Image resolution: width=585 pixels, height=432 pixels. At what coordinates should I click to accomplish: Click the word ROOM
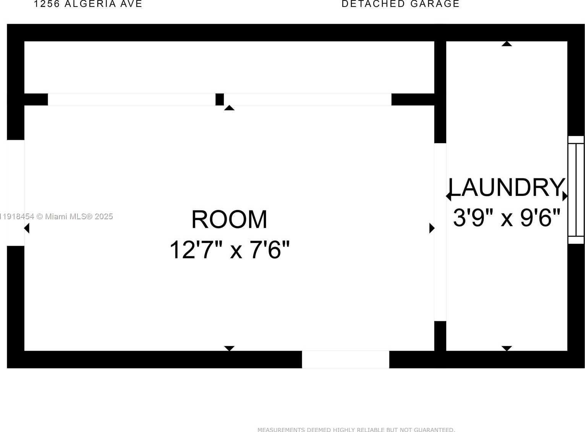coord(229,220)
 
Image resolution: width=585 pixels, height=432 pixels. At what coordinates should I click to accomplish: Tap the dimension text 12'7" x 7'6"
coord(229,250)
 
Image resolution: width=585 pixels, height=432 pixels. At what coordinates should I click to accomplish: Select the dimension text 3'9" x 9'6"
coord(507,218)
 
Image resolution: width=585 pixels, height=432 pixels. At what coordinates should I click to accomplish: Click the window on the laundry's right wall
coord(576,190)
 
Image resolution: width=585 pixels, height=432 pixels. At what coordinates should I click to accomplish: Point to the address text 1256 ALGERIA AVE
coord(88,4)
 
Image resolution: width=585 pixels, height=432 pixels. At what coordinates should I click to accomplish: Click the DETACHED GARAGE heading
coord(400,4)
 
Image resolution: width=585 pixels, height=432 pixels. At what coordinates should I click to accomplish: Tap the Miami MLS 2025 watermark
coord(57,217)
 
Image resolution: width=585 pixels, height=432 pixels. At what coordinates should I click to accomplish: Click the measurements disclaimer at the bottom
coord(356,430)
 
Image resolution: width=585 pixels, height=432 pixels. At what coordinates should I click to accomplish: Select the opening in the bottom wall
coord(345,359)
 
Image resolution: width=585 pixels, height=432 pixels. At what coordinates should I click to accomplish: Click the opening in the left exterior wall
coord(16,193)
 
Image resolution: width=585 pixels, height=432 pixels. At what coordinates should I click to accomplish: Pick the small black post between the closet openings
coord(219,99)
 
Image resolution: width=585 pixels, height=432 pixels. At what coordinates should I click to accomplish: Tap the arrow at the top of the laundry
coord(507,44)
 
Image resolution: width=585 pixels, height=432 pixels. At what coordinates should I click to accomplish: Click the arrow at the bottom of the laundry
coord(507,348)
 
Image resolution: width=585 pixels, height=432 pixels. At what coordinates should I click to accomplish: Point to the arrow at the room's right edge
coord(432,228)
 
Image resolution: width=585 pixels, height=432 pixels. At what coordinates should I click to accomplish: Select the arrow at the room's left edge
coord(27,228)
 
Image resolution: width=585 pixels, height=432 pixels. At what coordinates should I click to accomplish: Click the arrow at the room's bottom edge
coord(229,348)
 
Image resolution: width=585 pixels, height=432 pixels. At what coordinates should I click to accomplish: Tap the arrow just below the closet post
coord(229,108)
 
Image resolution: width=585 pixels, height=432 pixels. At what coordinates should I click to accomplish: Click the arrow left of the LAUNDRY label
coord(449,196)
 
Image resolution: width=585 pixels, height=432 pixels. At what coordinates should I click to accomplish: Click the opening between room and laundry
coord(440,232)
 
